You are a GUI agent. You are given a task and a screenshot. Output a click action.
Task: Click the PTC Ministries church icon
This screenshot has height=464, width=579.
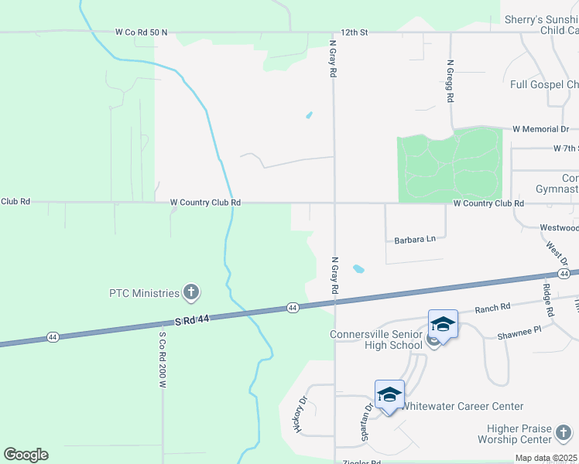click(x=191, y=292)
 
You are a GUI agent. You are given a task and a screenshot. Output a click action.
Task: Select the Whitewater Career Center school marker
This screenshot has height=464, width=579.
click(x=389, y=395)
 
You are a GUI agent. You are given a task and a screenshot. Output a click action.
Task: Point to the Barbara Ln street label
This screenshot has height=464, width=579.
click(x=415, y=240)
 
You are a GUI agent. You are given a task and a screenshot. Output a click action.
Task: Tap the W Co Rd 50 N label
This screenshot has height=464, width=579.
click(x=141, y=32)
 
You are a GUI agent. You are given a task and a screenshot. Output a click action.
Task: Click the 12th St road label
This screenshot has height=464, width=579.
click(x=352, y=32)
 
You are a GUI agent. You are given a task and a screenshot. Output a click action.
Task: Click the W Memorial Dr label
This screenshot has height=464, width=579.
click(x=540, y=129)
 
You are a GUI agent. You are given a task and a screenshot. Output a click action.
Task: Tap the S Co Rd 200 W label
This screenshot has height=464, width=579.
click(x=163, y=360)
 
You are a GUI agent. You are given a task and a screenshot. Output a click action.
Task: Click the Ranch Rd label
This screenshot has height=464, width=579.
click(x=493, y=307)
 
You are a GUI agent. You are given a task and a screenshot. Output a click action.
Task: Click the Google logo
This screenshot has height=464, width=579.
click(x=26, y=455)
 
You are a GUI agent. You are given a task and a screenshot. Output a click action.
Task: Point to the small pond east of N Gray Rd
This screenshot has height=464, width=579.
click(x=358, y=269)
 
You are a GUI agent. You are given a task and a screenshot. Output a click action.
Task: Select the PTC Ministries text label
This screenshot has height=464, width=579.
click(x=144, y=293)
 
